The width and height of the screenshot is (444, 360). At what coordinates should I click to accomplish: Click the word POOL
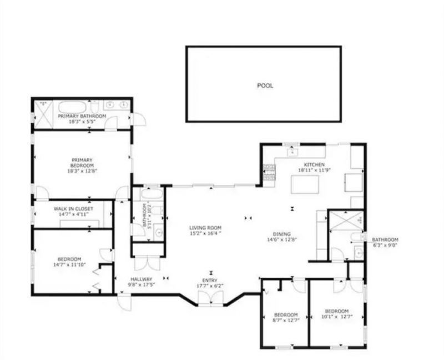coord(265,86)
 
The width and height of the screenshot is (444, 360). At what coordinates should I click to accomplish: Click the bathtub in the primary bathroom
coord(73,106)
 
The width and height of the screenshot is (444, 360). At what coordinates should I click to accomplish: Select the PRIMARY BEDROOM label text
coord(82,163)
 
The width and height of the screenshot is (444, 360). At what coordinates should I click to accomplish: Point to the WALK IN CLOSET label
coord(73,209)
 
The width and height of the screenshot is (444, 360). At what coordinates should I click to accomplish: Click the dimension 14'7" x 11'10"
coord(69,265)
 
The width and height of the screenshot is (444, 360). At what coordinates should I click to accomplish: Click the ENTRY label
coord(210,280)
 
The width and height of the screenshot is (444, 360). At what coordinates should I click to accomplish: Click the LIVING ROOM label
coord(205,228)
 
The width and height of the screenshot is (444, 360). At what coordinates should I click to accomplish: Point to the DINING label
coord(282,234)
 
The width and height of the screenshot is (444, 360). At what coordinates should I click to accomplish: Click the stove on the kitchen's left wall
coord(269,172)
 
